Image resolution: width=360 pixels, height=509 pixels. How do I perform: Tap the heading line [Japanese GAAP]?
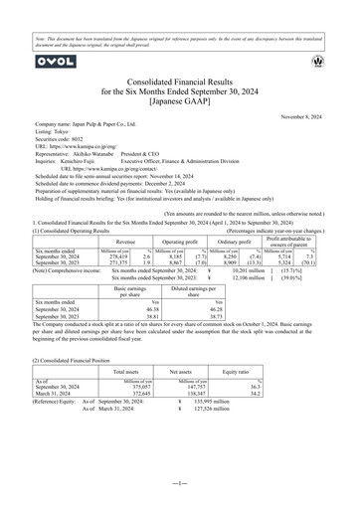point(180,101)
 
